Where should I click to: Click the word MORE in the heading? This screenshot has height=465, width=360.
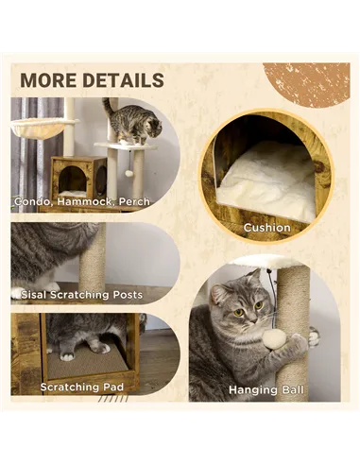49,80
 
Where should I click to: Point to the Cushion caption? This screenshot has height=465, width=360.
266,227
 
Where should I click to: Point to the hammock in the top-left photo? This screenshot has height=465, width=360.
40,127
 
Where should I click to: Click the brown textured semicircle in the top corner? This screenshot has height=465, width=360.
307,82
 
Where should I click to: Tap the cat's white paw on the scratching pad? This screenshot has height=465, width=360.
68,356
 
